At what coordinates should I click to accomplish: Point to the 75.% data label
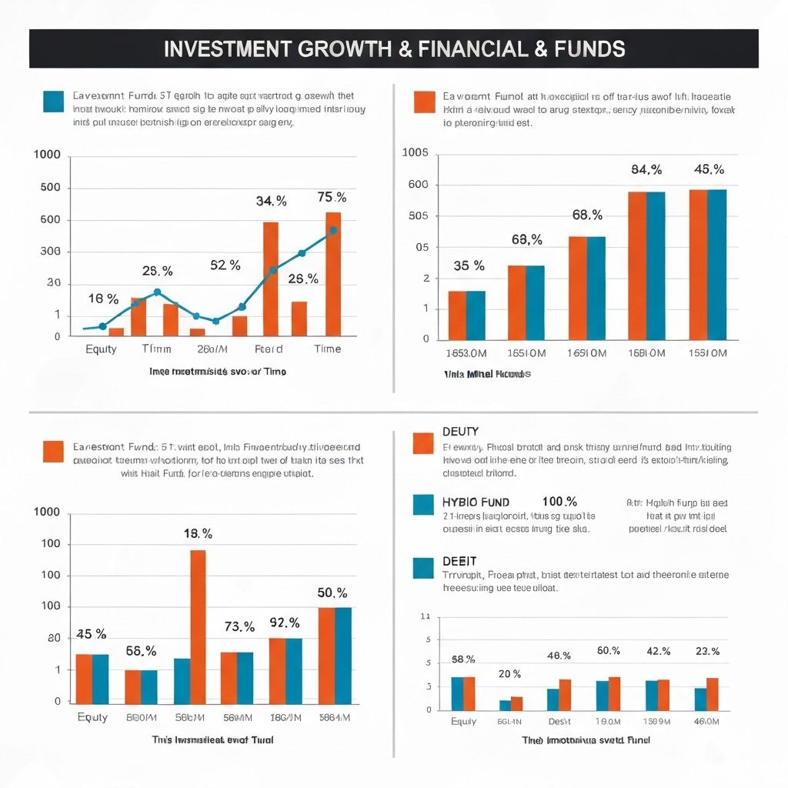(332, 198)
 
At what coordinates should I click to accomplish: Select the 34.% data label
(271, 202)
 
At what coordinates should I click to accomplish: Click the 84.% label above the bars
(646, 169)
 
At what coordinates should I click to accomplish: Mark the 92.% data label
(284, 622)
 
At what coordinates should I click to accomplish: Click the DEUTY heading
(460, 432)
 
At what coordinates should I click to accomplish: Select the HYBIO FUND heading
(476, 502)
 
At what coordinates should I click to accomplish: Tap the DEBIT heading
(459, 561)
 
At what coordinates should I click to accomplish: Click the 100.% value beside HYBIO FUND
(559, 502)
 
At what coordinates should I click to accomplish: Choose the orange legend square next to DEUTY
(423, 443)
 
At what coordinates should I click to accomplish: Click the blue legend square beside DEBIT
(423, 568)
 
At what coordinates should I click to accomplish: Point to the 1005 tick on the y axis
(415, 152)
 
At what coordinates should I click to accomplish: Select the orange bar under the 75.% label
(333, 274)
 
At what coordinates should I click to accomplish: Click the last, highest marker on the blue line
(332, 230)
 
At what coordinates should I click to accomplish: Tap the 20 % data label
(509, 674)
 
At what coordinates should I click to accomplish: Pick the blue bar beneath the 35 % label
(476, 315)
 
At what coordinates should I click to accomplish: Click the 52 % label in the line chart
(225, 265)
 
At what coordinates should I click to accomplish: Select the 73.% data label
(239, 627)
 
